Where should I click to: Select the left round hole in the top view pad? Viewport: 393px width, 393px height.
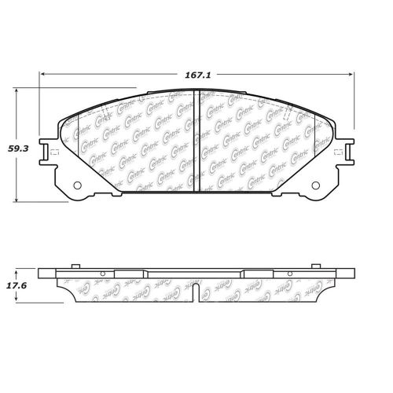(x=78, y=186)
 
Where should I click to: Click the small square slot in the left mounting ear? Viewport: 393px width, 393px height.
(x=52, y=152)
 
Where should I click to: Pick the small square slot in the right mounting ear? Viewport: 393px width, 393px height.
(x=340, y=152)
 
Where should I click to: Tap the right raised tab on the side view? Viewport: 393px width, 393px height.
(x=316, y=266)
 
